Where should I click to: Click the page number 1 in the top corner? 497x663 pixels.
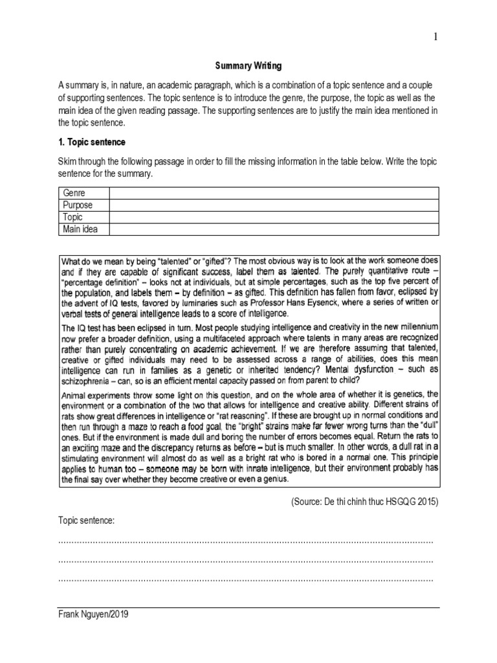coord(436,37)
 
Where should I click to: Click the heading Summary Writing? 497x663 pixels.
coord(248,66)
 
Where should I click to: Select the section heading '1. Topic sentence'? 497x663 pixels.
coord(92,142)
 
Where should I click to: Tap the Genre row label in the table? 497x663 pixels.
coord(74,193)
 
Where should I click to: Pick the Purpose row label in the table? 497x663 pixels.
coord(77,205)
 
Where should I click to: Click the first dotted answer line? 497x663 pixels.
coord(246,541)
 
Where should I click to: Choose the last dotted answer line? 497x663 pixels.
coord(246,579)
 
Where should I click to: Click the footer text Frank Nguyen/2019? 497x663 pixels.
coord(93,615)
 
